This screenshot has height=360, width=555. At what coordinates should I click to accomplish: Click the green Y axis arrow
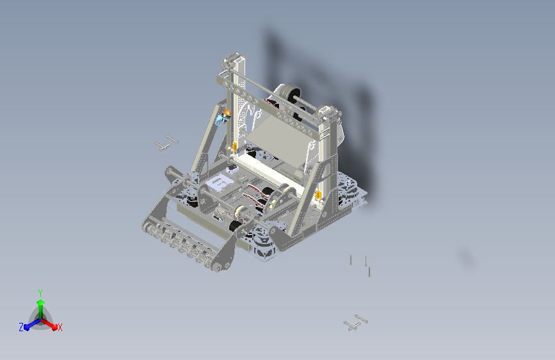click(x=41, y=309)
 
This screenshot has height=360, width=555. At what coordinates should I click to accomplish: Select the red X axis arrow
click(x=49, y=323)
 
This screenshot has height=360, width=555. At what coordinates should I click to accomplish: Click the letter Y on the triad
click(x=40, y=293)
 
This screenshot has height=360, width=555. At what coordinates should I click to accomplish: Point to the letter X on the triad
click(x=60, y=327)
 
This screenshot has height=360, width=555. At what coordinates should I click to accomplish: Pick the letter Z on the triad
click(x=21, y=327)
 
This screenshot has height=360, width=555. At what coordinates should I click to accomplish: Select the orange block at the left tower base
click(x=234, y=145)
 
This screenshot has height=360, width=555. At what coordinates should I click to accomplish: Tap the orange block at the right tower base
click(x=318, y=195)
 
